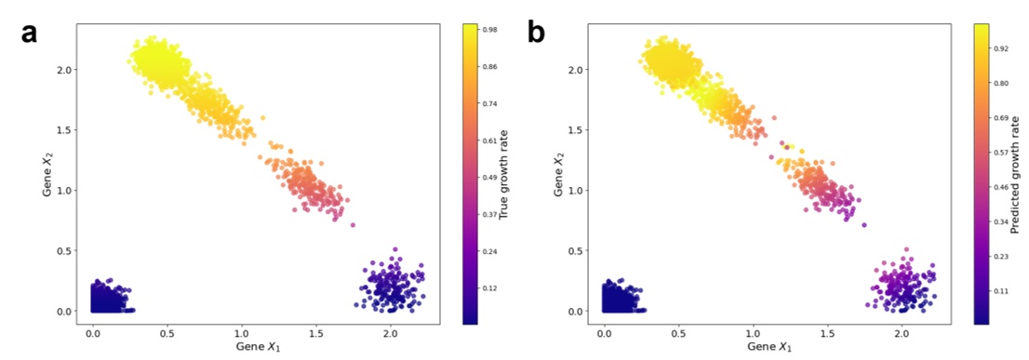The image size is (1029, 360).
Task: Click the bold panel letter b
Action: (537, 33)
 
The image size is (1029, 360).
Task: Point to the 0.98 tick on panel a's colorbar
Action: (489, 30)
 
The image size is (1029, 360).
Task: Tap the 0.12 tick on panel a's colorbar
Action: (489, 288)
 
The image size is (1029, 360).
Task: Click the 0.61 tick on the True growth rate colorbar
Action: (489, 140)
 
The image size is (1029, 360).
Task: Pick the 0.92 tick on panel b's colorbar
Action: (1001, 47)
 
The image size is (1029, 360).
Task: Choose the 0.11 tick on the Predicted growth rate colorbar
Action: (1001, 291)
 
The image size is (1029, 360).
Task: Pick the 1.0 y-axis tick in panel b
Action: (576, 191)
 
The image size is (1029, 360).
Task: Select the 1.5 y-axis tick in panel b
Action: (576, 130)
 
